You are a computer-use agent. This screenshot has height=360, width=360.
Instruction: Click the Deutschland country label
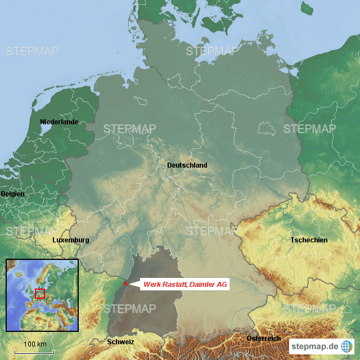coord(187,165)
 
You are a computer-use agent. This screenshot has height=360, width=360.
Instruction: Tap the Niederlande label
coord(59,122)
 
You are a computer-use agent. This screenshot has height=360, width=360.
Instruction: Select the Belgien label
coord(12,194)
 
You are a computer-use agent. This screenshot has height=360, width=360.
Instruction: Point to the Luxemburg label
coord(70,240)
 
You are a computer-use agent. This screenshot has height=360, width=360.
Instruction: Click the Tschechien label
coord(309,240)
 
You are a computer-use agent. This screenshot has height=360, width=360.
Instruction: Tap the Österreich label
coord(263,339)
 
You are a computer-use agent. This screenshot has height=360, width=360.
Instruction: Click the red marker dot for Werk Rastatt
coord(125,283)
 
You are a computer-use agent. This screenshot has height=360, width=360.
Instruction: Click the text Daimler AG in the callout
coord(209,285)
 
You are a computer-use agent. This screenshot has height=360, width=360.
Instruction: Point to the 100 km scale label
coord(34,344)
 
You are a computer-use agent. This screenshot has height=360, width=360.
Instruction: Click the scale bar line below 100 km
coord(34,352)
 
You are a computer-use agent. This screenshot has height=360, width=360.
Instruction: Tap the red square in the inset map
coord(39,293)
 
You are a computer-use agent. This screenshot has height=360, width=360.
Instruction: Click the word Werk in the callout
coord(152,285)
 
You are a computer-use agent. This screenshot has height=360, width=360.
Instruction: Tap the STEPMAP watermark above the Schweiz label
coord(129,309)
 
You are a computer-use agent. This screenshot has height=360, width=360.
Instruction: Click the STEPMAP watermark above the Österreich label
coord(309,309)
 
